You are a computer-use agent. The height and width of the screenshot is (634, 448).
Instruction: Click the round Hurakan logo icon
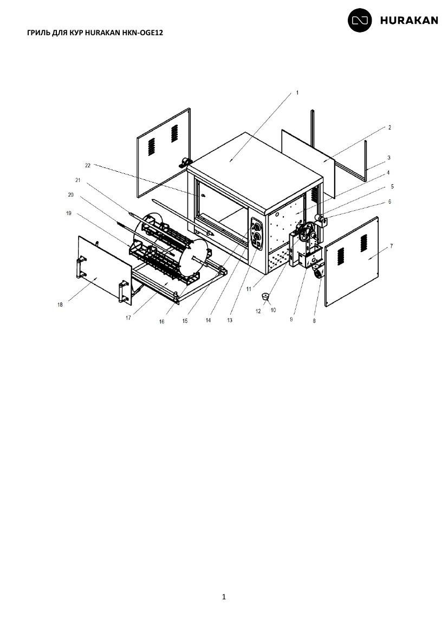[x=360, y=20]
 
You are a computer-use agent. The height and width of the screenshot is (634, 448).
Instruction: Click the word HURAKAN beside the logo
[x=409, y=21]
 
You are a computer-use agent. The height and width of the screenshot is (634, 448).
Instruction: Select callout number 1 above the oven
[x=297, y=93]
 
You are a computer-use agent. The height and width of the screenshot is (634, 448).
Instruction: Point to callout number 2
[x=389, y=127]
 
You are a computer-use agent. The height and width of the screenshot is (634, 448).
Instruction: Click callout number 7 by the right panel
[x=391, y=246]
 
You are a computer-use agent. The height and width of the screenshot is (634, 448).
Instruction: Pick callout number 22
[x=88, y=165]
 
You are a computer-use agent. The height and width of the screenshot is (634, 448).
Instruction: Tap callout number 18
[x=60, y=305]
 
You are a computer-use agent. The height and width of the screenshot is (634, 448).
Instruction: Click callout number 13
[x=230, y=320]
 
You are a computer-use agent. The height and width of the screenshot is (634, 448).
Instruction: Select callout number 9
[x=291, y=319]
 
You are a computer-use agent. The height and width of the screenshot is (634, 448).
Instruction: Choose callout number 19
[x=68, y=212]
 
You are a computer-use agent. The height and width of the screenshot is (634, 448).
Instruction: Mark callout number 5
[x=392, y=186]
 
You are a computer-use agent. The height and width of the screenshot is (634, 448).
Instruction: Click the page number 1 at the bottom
[x=224, y=597]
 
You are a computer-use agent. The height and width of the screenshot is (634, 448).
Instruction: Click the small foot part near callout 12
[x=265, y=296]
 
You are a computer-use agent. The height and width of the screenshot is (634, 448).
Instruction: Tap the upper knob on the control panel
[x=256, y=224]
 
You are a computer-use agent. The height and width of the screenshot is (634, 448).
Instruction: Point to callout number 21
[x=77, y=180]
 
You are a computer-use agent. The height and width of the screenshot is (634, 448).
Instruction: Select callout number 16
[x=162, y=321]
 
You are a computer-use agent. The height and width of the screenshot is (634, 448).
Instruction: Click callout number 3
[x=388, y=157]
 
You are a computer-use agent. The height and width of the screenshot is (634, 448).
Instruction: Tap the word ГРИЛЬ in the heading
[x=39, y=33]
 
